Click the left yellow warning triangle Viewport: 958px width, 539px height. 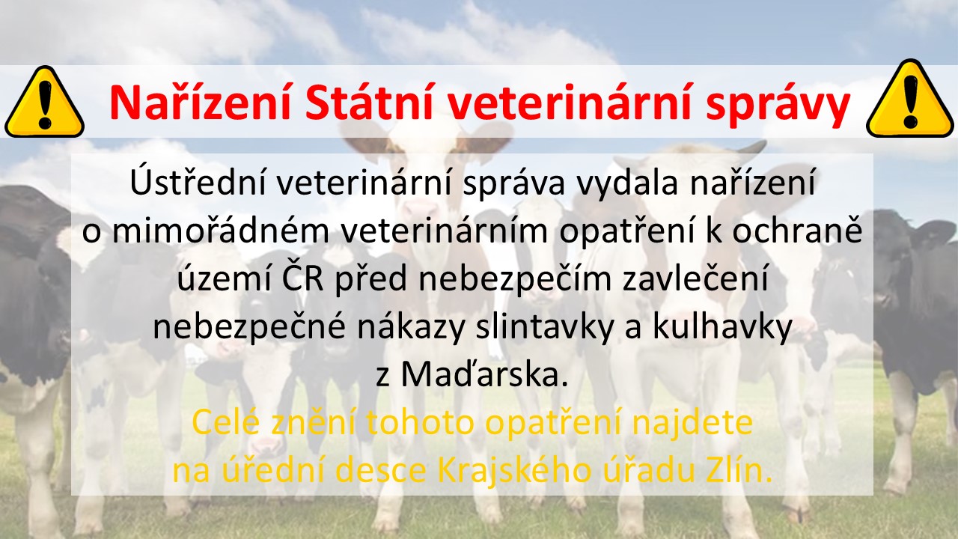coord(44,102)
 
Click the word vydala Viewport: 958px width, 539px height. coord(627,185)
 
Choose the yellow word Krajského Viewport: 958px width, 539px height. coord(514,471)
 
